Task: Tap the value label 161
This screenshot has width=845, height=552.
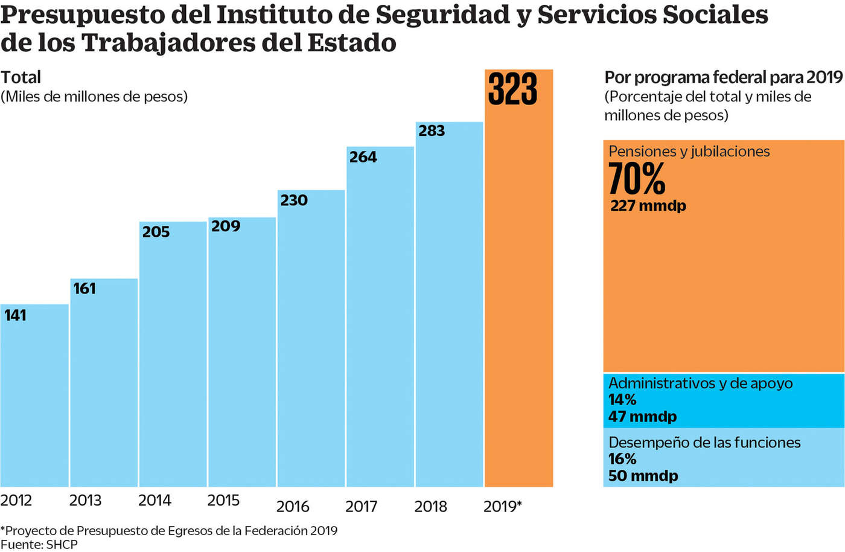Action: tap(84, 289)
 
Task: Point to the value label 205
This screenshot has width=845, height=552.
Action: tap(156, 232)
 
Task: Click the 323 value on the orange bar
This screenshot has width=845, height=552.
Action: tap(512, 89)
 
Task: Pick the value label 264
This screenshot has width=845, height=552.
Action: tap(363, 157)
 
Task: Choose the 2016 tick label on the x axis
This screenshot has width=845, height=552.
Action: tap(293, 506)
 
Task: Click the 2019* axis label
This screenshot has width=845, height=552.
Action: tap(502, 506)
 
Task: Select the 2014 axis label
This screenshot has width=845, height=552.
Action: tap(155, 501)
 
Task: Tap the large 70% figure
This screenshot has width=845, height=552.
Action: tap(636, 179)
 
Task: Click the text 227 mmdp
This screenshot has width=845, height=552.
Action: tap(648, 206)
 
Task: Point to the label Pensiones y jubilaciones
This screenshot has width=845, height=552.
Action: tap(689, 152)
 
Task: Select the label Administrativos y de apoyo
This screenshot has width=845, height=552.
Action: tap(700, 384)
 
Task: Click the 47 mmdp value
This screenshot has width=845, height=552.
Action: tap(642, 417)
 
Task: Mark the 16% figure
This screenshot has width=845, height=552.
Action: tap(622, 459)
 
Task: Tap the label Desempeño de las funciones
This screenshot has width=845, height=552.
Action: tap(704, 443)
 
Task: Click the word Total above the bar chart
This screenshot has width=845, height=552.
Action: tap(21, 77)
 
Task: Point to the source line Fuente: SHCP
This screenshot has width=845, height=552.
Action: tap(39, 545)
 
